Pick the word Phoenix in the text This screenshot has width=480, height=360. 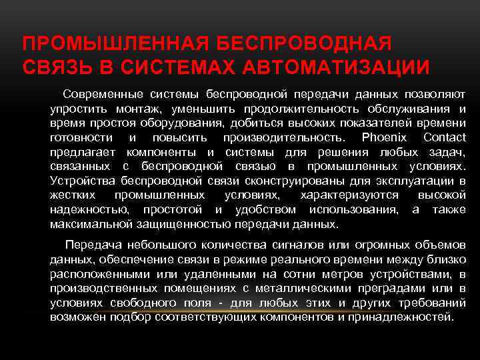click(x=385, y=137)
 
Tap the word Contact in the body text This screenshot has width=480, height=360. click(x=445, y=137)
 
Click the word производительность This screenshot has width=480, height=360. click(x=285, y=137)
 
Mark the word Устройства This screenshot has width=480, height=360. click(x=80, y=180)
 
